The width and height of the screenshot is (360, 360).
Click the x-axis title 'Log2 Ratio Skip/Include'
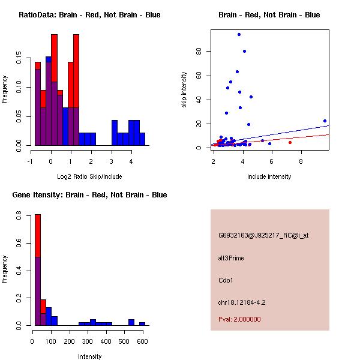pos(89,176)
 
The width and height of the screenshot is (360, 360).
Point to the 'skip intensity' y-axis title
pos(185,90)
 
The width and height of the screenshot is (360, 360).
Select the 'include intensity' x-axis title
pos(269,176)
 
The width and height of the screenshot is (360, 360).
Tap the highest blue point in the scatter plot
pos(239,34)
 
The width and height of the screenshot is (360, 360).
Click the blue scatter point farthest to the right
pos(325,121)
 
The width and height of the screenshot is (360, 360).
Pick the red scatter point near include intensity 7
pos(290,142)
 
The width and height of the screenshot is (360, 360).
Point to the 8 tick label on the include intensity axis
pos(301,160)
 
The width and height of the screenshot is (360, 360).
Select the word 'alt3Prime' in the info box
pos(231,258)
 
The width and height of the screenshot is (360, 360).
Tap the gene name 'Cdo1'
pos(226,280)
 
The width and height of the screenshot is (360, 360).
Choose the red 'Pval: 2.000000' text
pos(239,319)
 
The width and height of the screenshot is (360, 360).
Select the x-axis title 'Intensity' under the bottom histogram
pos(89,356)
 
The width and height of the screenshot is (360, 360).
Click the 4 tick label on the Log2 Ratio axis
pos(131,160)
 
